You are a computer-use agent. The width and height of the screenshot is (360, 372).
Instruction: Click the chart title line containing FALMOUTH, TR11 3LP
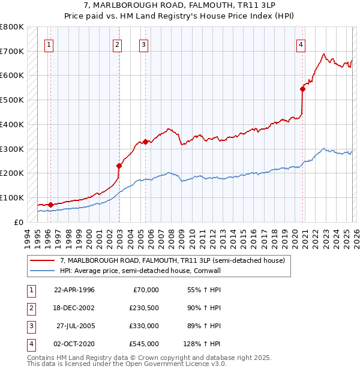(x=180, y=6)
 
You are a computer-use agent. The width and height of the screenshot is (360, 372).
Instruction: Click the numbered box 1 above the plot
(x=49, y=44)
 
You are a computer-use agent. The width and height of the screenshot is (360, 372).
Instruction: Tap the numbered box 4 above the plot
(x=301, y=44)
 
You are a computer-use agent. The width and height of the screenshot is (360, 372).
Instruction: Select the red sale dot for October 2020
(x=303, y=89)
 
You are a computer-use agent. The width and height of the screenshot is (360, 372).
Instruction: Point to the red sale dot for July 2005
(x=145, y=142)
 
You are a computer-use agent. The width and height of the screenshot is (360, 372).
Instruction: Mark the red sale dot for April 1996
(x=51, y=205)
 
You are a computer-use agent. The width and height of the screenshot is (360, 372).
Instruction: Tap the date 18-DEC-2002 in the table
(x=74, y=308)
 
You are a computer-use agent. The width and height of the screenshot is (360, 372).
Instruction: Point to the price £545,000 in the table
(x=144, y=344)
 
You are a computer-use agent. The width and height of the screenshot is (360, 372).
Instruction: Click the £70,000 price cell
(x=146, y=290)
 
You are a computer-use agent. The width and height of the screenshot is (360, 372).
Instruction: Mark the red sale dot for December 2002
(x=119, y=166)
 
